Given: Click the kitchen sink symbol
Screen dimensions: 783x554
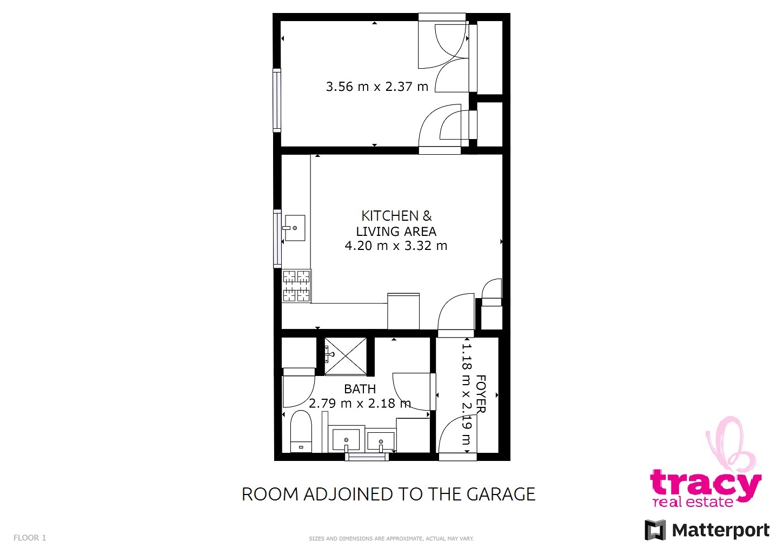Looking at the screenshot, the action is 295,228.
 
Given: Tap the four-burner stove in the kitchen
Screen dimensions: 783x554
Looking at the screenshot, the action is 296,286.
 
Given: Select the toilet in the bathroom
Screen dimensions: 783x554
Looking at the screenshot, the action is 301,432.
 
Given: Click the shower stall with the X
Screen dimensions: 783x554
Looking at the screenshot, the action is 346,357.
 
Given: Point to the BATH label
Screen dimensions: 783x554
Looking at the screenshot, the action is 360,389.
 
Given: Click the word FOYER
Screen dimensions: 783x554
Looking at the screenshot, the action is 481,394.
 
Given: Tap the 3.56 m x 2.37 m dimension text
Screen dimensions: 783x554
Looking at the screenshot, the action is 377,87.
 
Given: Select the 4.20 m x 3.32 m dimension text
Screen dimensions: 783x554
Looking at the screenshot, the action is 396,246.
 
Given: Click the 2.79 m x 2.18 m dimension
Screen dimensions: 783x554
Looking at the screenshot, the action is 360,403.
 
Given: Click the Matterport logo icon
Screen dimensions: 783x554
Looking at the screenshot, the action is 655,530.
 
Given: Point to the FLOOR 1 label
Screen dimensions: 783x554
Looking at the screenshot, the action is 30,538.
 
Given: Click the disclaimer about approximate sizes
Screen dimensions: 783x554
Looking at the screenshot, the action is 391,539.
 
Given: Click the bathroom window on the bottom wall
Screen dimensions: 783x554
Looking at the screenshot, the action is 367,457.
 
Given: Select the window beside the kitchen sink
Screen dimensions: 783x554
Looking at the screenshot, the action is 277,239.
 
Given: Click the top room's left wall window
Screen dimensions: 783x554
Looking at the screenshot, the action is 277,101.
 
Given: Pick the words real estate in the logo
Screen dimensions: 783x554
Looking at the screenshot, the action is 693,502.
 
